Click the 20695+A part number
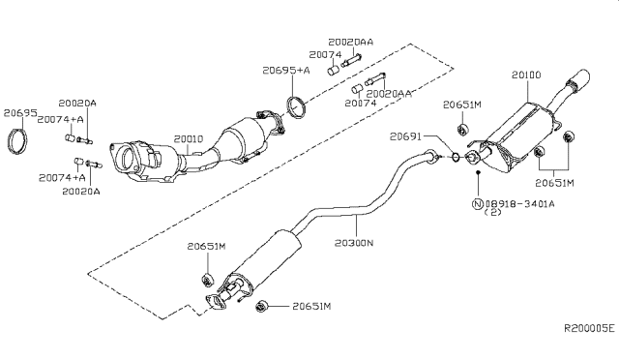click(x=285, y=71)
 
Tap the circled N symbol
click(x=478, y=204)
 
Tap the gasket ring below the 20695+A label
click(x=299, y=105)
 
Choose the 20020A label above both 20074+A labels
click(x=77, y=102)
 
